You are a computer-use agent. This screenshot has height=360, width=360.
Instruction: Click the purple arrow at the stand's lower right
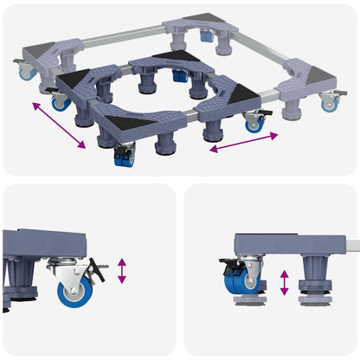[242, 143]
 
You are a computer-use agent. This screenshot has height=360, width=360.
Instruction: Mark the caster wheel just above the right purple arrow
[254, 122]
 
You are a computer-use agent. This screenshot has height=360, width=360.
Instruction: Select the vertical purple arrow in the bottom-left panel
[123, 270]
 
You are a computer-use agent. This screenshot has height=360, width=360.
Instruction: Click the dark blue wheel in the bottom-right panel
[246, 282]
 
